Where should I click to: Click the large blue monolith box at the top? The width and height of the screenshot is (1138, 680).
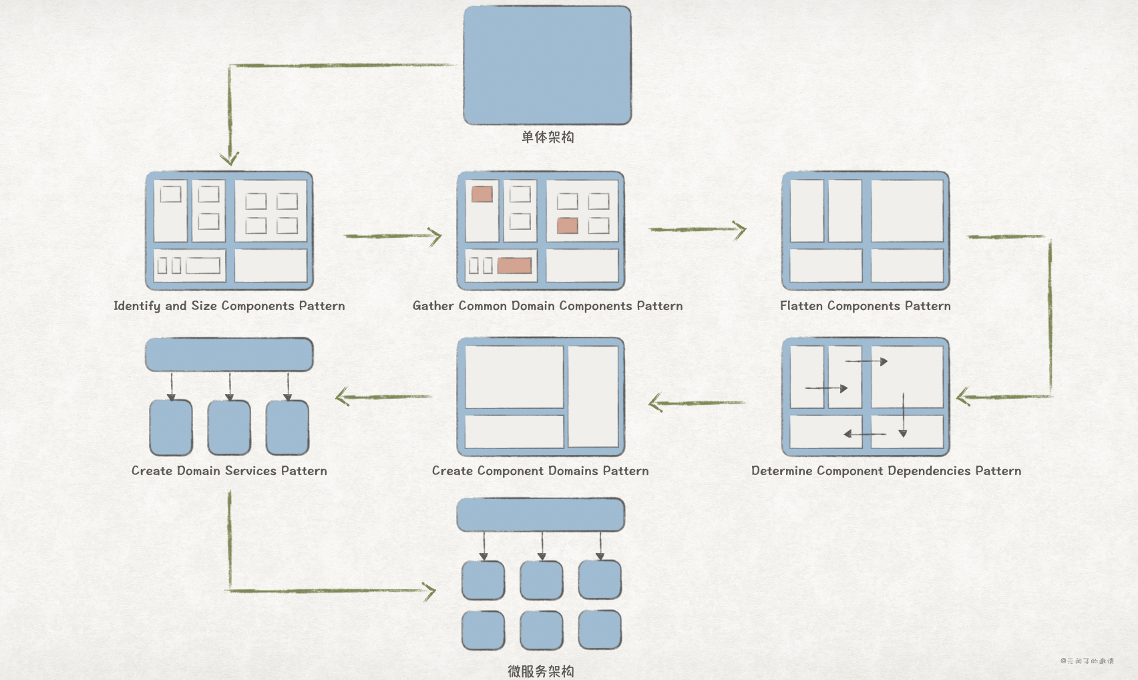(547, 65)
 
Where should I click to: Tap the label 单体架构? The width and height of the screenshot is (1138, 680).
(547, 137)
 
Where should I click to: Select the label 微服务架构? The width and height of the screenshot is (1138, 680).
(540, 671)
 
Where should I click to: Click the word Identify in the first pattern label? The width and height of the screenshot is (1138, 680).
(136, 306)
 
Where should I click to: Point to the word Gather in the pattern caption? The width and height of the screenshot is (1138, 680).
(433, 306)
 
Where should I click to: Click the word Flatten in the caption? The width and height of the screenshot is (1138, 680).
(801, 306)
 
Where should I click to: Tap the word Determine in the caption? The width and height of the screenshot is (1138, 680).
(781, 471)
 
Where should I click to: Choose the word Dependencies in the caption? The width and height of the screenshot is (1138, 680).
(929, 471)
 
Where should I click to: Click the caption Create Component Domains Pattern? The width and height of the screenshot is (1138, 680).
(540, 471)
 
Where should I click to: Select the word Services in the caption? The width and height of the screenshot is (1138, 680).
(250, 471)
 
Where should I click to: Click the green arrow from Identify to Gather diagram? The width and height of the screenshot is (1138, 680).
(393, 236)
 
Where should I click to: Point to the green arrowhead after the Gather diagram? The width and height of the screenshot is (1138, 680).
(739, 230)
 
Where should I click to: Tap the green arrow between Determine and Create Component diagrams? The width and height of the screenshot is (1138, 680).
(696, 403)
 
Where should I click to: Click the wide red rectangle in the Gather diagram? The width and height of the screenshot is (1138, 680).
(514, 266)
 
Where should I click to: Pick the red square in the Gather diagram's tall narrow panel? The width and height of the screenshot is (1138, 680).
(482, 194)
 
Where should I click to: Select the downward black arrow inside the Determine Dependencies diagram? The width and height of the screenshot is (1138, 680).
(903, 415)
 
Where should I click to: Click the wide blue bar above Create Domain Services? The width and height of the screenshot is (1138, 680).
(229, 355)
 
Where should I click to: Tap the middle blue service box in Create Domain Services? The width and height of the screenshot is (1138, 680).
(229, 428)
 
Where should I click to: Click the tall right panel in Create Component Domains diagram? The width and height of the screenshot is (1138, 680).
(593, 396)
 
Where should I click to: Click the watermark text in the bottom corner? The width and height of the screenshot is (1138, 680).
(1087, 661)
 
